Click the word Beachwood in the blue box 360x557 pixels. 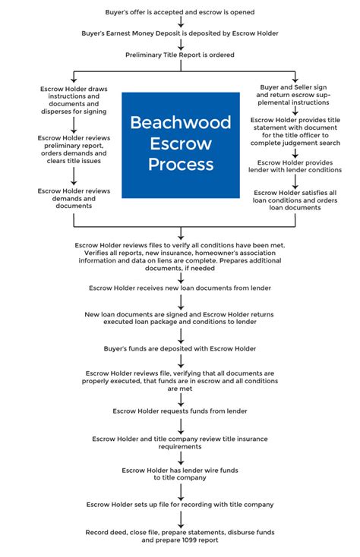182,122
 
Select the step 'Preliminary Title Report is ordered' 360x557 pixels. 180,55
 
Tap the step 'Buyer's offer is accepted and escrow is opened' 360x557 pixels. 180,13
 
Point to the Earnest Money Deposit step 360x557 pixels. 180,34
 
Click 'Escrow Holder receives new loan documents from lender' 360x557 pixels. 180,288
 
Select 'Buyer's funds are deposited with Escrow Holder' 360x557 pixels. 180,348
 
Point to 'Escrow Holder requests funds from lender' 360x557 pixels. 180,411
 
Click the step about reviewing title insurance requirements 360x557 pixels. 180,442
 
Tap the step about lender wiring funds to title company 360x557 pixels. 180,474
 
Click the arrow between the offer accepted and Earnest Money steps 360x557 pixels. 181,24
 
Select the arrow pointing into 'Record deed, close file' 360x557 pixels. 181,520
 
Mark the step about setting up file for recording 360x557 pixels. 180,504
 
